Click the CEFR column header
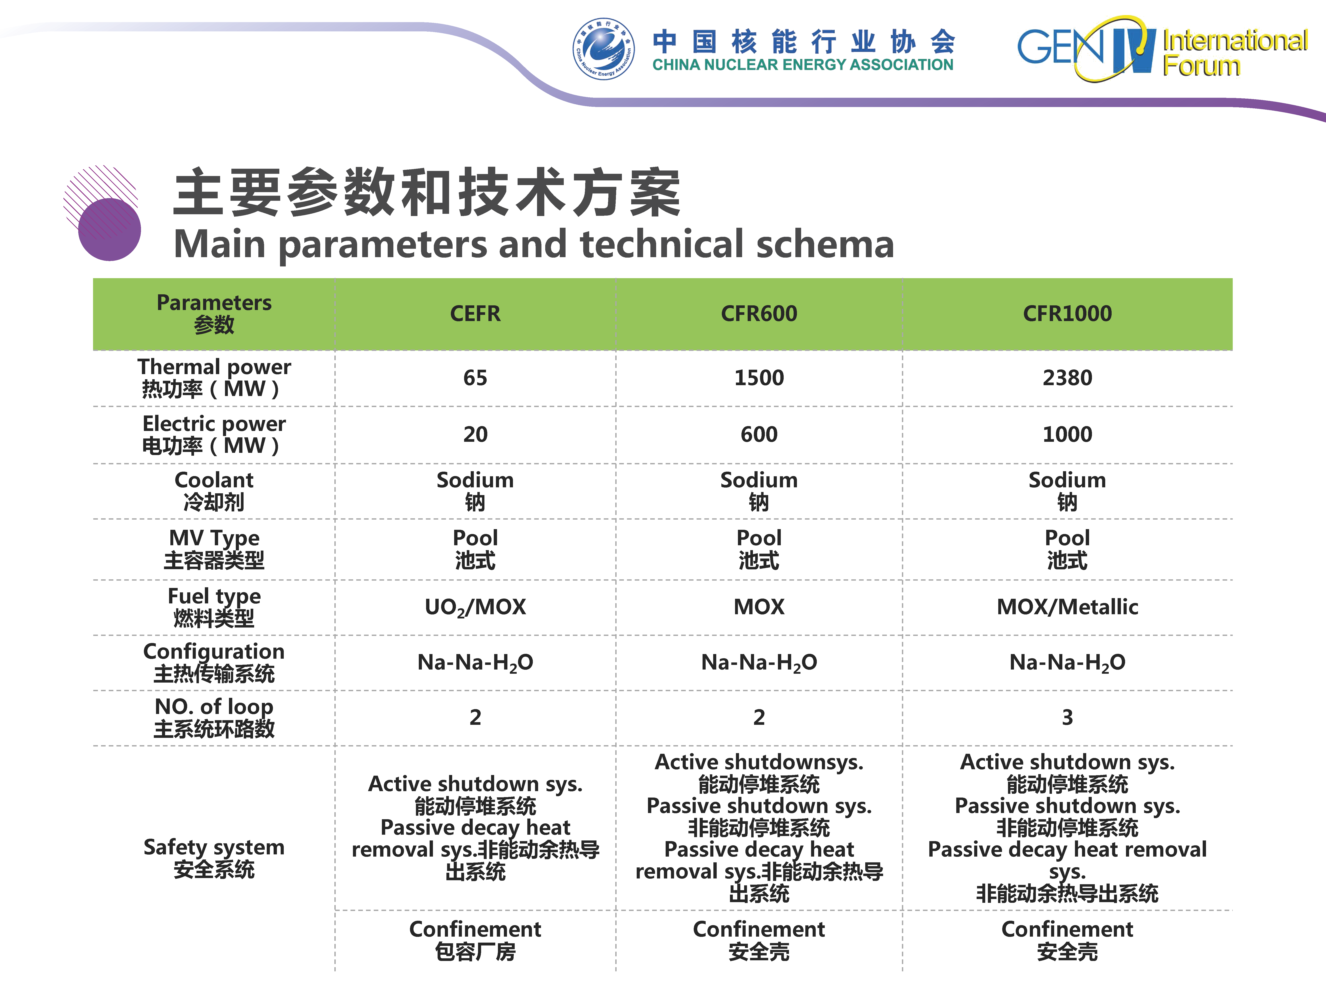[x=475, y=314]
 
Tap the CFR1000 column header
[x=1067, y=314]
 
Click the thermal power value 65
[x=475, y=378]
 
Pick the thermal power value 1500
[x=759, y=378]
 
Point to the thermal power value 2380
[x=1067, y=378]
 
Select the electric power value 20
[x=475, y=434]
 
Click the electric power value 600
[x=759, y=434]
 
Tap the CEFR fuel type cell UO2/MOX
[x=475, y=607]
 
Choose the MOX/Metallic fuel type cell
[x=1067, y=607]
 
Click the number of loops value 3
[x=1067, y=717]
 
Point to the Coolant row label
[x=214, y=491]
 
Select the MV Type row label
[x=214, y=549]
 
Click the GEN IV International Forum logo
[x=1162, y=48]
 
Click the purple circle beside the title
[x=109, y=230]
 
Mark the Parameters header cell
[x=214, y=314]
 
